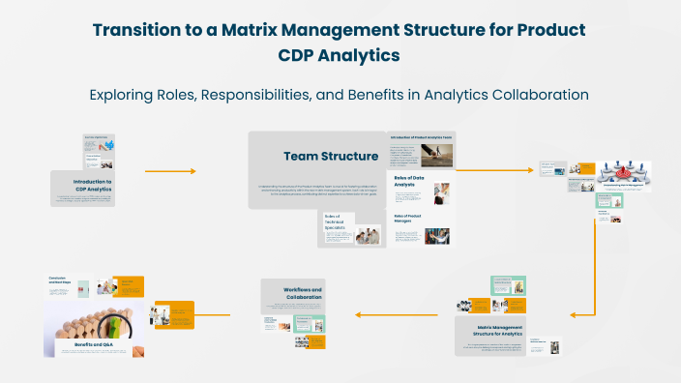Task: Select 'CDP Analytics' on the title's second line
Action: click(340, 56)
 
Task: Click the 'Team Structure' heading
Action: click(317, 156)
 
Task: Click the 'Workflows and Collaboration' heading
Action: click(303, 293)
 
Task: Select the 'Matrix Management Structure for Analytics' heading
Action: click(490, 331)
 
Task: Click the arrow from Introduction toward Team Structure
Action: click(170, 171)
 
